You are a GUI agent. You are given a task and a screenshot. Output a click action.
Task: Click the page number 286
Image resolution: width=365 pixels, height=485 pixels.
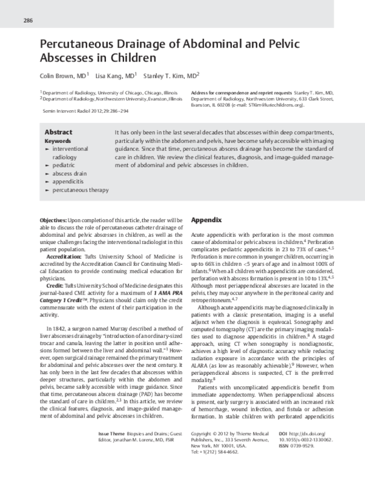pos(27,20)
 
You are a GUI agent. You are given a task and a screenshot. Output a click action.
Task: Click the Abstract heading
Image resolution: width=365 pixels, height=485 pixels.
pos(58,132)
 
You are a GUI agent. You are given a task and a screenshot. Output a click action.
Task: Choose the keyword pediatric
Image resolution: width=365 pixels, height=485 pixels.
pos(64,165)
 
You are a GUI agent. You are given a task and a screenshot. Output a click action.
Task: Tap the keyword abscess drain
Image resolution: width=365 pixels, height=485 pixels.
pos(70,173)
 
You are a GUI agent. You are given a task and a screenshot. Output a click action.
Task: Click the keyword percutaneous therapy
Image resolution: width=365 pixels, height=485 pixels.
pos(80,189)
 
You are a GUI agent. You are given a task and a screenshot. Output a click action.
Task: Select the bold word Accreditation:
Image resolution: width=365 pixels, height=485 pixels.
pos(64,257)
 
